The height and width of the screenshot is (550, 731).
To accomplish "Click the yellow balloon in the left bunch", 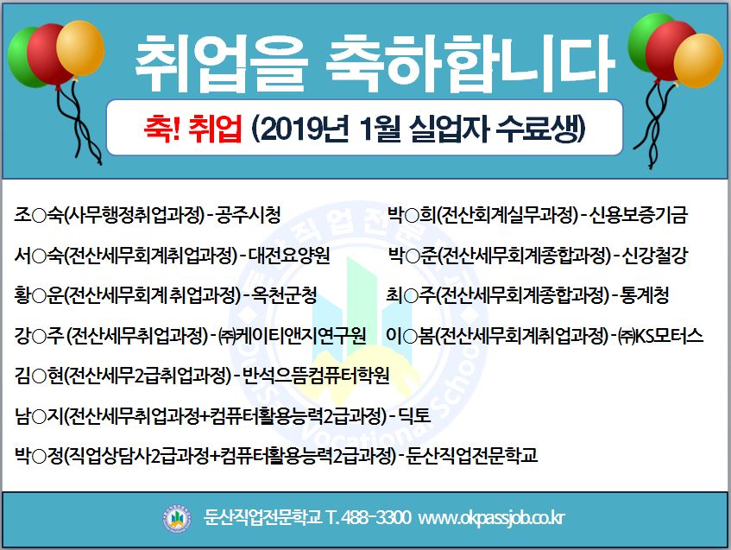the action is pos(80,48).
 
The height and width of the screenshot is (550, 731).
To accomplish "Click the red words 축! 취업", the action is pos(193,128).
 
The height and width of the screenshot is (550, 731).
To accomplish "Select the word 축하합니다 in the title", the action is pos(469,63).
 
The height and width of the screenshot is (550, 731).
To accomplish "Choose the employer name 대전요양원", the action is pos(289,256).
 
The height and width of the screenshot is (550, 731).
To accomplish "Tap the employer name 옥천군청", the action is pos(284,295).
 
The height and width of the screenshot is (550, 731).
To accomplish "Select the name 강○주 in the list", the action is pos(39,335).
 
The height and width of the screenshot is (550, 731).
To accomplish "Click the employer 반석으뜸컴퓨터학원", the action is pos(316,375).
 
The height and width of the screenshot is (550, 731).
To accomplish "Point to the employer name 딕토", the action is pos(414,415).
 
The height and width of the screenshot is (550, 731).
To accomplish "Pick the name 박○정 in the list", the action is pos(39,455).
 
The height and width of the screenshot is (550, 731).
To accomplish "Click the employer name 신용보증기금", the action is pos(639,215).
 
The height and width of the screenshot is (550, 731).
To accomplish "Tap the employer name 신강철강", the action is pos(655,256).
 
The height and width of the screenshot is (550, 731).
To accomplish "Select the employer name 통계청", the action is pos(645,295).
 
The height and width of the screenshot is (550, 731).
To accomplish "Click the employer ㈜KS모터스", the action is pos(660,335).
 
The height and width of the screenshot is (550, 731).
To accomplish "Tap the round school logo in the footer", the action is pos(177,519).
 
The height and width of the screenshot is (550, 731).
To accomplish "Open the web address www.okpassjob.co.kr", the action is pos(491,518).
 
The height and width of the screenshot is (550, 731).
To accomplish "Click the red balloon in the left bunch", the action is pos(47,54).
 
